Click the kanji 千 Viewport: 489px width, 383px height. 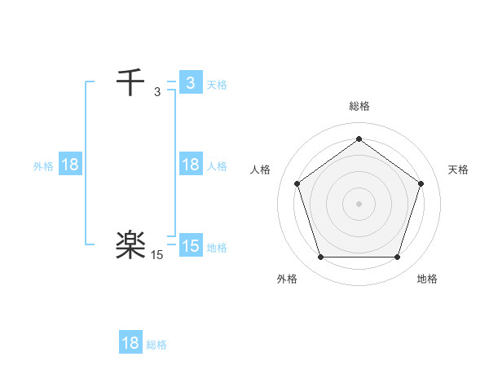[130, 83]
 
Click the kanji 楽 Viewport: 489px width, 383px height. [130, 245]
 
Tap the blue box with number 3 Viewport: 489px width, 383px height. [190, 83]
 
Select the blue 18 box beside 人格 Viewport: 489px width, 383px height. [190, 165]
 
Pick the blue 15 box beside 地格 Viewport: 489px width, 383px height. [190, 246]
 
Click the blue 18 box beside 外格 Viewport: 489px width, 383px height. [70, 165]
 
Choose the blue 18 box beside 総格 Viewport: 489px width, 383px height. [130, 343]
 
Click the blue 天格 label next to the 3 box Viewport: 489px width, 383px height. [217, 84]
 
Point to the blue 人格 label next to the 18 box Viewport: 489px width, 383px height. [217, 166]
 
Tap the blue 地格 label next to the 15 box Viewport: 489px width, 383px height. [217, 247]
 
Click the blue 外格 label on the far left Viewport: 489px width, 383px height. [43, 166]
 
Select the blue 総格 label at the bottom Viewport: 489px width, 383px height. [156, 344]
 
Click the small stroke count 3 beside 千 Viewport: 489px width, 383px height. [157, 92]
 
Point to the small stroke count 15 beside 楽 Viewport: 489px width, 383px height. [157, 255]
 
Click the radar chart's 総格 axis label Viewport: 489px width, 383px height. [359, 106]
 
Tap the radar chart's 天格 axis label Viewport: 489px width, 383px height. [458, 169]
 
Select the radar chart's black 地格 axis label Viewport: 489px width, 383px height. [427, 279]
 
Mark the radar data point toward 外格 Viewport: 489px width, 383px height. [320, 258]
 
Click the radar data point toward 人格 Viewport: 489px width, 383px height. [297, 183]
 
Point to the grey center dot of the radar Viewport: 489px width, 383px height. [359, 203]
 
